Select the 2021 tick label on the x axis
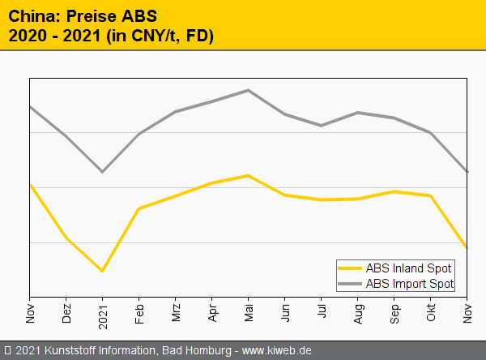tap(103, 314)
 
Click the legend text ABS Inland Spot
tap(409, 268)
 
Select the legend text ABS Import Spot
tap(410, 283)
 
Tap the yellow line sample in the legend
tap(351, 268)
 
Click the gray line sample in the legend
tap(351, 283)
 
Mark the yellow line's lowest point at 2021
tap(102, 271)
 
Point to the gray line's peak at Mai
tap(249, 90)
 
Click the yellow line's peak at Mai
tap(249, 175)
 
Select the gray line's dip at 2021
tap(102, 172)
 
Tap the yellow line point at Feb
tap(139, 208)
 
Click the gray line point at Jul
tap(322, 126)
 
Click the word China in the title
tap(32, 15)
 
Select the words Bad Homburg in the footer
tap(198, 350)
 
